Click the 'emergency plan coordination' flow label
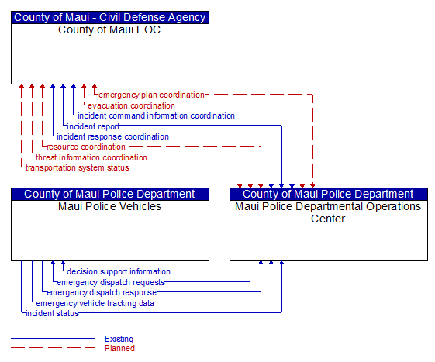pyautogui.click(x=151, y=95)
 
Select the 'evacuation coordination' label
pyautogui.click(x=131, y=105)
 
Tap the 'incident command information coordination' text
pyautogui.click(x=156, y=115)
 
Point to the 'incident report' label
pyautogui.click(x=93, y=126)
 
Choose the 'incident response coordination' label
pyautogui.click(x=112, y=136)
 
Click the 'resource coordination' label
pyautogui.click(x=86, y=147)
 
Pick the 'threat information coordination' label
pyautogui.click(x=91, y=157)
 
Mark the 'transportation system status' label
pyautogui.click(x=78, y=168)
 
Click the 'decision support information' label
pyautogui.click(x=119, y=271)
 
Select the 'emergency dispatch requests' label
pyautogui.click(x=111, y=282)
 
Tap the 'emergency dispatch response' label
pyautogui.click(x=102, y=293)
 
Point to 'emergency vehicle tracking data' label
pyautogui.click(x=95, y=303)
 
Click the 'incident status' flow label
pyautogui.click(x=52, y=313)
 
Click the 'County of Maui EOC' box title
pyautogui.click(x=109, y=29)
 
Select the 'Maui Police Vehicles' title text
pyautogui.click(x=109, y=206)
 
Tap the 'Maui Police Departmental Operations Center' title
pyautogui.click(x=328, y=212)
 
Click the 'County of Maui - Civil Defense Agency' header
pyautogui.click(x=110, y=17)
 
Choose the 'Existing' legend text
pyautogui.click(x=119, y=339)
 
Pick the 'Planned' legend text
pyautogui.click(x=119, y=348)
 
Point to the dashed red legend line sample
pyautogui.click(x=53, y=347)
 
